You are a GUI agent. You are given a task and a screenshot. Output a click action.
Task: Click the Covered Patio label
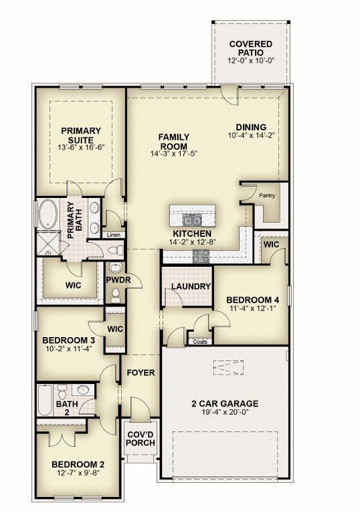pos(251,48)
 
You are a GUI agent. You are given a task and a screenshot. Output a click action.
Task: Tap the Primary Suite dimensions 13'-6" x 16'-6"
pos(81,147)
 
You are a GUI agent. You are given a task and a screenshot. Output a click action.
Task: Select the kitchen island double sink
pos(192,221)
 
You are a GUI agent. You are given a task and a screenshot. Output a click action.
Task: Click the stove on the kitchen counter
pos(201,256)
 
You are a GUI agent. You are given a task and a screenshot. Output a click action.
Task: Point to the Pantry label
pos(267,196)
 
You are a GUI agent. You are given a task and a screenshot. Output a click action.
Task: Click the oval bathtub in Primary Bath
pos(48,214)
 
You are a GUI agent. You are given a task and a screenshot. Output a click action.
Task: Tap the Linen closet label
pos(114,235)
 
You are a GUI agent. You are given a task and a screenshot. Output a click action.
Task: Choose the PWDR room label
pos(118,280)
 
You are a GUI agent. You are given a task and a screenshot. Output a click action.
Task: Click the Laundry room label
pos(191,286)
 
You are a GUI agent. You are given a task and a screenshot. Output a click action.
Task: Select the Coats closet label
pos(200,342)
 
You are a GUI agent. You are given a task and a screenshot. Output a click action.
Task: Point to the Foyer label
pos(141,373)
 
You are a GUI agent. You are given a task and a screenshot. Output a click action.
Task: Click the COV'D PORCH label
pos(141,439)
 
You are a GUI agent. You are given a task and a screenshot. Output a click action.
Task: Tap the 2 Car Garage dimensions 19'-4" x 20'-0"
pos(225,412)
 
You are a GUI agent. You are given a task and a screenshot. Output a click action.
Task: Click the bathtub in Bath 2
pos(45,401)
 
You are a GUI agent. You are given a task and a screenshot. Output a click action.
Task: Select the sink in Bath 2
pos(83,390)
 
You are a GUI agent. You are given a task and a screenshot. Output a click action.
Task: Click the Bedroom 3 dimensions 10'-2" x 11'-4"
pos(69,348)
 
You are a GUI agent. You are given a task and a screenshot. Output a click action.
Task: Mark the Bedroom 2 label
pos(78,465)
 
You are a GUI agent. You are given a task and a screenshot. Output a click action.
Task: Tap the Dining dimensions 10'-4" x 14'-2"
pos(251,135)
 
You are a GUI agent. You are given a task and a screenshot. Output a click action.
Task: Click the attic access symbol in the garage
pos(228,368)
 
